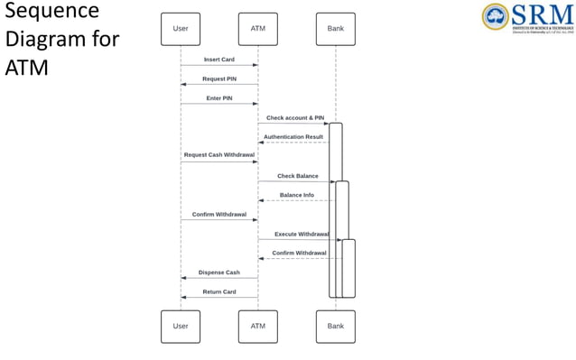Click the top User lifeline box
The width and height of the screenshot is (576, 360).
click(181, 29)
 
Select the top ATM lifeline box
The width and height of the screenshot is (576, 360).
click(258, 29)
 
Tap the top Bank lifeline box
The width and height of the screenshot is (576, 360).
click(336, 29)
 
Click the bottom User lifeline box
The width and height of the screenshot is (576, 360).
click(181, 326)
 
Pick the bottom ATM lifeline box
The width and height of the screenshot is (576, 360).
click(258, 326)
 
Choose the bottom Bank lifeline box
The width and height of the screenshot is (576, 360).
click(336, 326)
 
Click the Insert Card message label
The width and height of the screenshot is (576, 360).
click(219, 60)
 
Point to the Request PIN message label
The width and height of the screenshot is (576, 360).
click(219, 78)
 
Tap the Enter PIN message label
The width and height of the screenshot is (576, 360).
click(219, 98)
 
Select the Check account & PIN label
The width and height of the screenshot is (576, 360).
click(295, 118)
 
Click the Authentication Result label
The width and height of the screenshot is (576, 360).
click(293, 137)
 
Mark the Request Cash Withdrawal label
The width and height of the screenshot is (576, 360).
click(219, 155)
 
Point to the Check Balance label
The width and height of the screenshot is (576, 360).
click(297, 176)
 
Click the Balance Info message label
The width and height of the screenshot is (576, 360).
click(297, 195)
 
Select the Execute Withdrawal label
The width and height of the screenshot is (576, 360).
click(302, 234)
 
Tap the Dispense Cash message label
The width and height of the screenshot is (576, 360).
click(219, 272)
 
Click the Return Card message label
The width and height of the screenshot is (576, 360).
click(219, 291)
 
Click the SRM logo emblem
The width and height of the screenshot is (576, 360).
click(496, 16)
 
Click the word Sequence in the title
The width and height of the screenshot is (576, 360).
click(52, 12)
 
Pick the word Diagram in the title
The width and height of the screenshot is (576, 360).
click(46, 40)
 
